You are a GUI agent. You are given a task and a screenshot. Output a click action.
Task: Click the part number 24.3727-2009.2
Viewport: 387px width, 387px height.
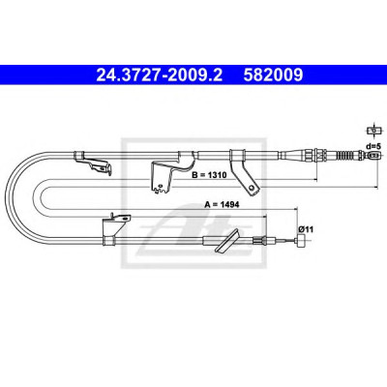click(160, 74)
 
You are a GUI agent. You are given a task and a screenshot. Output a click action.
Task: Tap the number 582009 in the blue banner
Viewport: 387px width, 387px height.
click(273, 74)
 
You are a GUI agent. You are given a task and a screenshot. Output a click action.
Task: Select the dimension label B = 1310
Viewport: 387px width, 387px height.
click(209, 175)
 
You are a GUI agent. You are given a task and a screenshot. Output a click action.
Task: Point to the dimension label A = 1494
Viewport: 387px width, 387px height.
click(222, 204)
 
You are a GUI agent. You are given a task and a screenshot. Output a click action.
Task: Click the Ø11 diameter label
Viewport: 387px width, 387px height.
click(306, 229)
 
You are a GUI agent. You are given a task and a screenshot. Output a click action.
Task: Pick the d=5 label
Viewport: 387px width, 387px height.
click(373, 146)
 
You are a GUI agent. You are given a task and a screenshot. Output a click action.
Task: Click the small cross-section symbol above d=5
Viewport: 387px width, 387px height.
click(373, 131)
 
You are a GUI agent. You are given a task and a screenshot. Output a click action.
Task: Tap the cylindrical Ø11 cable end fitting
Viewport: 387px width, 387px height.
click(302, 241)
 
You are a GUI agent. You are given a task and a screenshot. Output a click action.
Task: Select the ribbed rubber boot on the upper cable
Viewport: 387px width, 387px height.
click(347, 156)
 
